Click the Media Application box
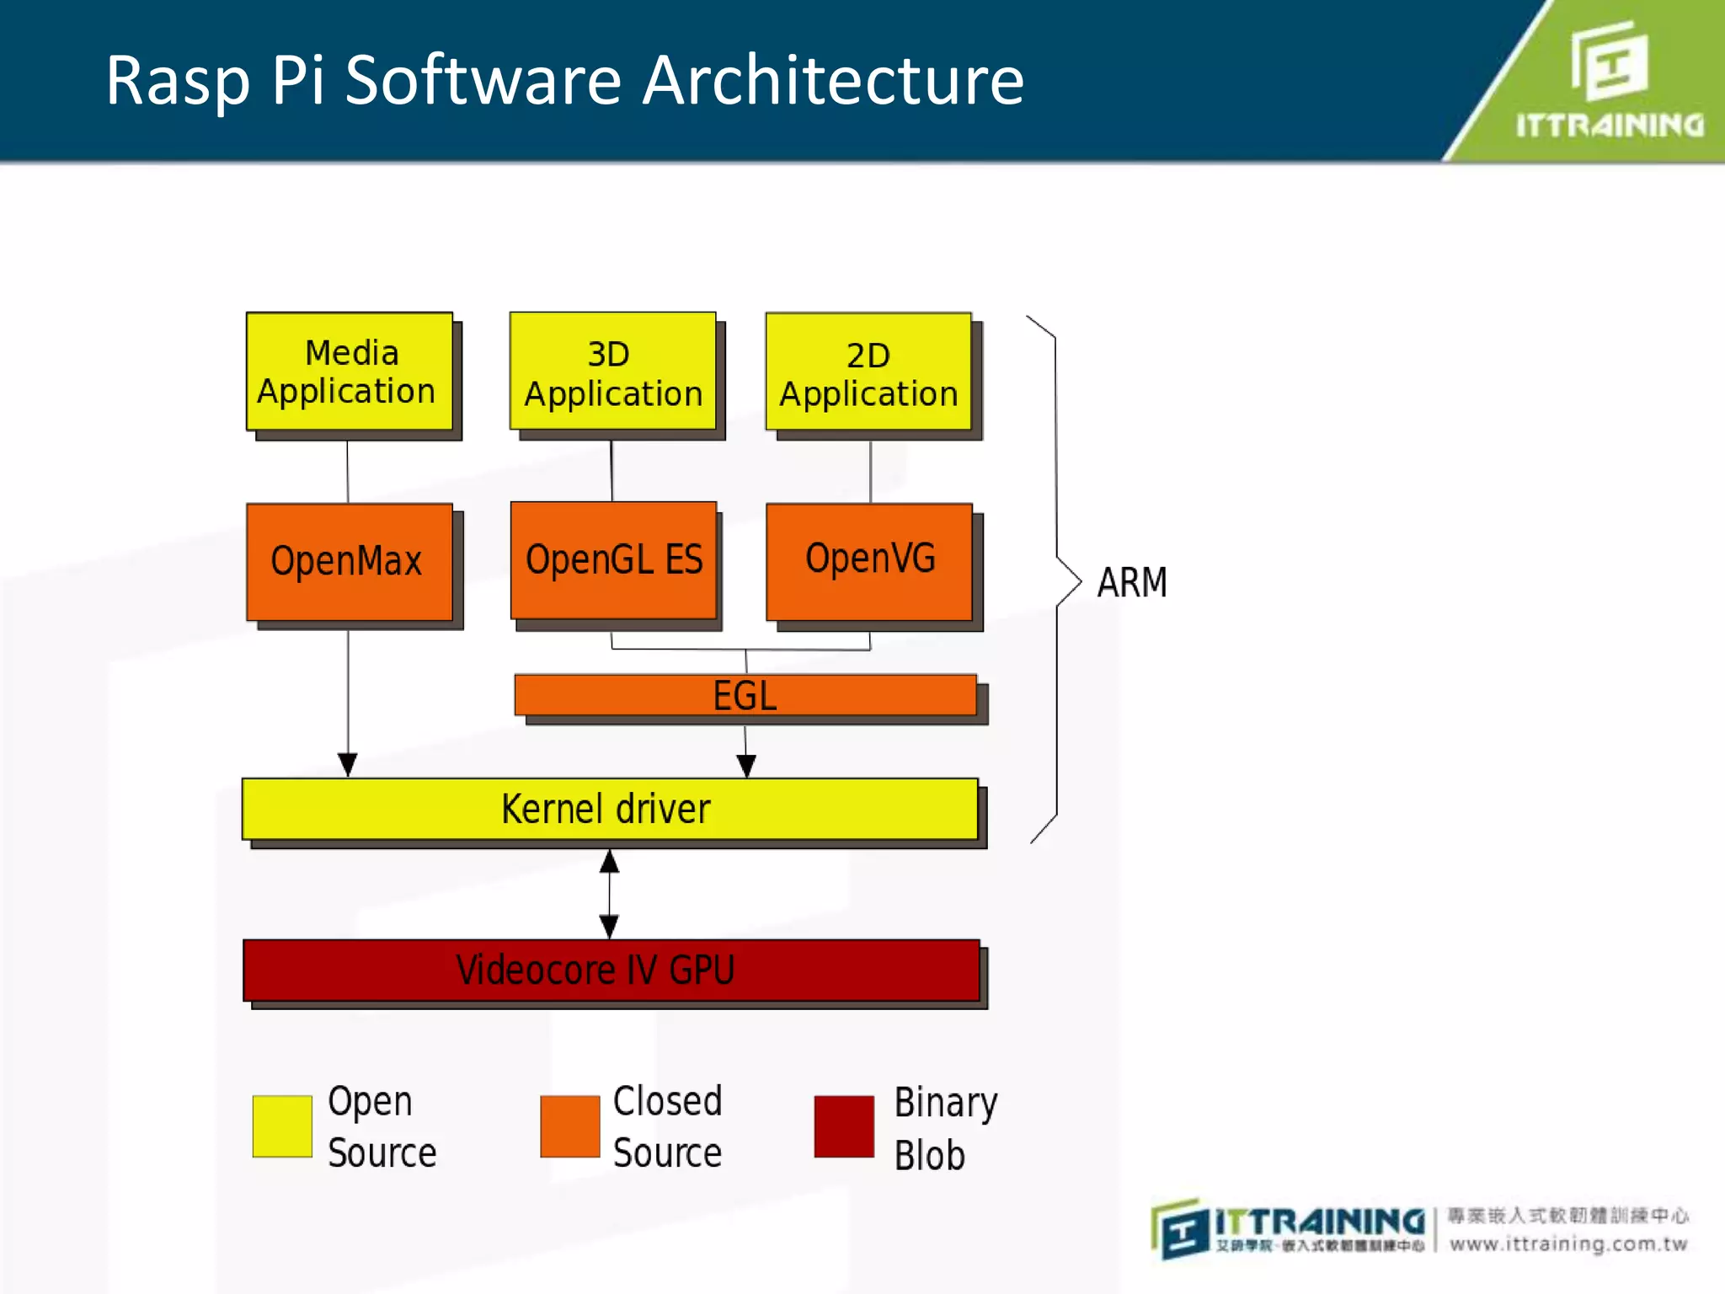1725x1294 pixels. coord(349,372)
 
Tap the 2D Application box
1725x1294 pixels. coord(868,372)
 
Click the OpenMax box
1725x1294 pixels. coord(349,562)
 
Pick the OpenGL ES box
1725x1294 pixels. coord(613,560)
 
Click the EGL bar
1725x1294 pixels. coord(745,695)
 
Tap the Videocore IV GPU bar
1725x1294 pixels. coord(611,970)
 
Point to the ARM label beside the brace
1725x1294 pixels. coord(1132,582)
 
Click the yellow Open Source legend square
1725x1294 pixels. coord(282,1126)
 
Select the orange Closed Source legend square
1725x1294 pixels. coord(569,1126)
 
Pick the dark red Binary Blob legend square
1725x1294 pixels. coord(844,1126)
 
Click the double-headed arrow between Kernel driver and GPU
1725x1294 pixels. coord(610,894)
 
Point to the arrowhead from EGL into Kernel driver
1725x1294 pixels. coord(746,765)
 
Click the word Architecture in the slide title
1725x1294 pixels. coord(833,81)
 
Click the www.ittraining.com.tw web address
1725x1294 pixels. coord(1568,1244)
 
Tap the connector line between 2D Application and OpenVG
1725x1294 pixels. coord(870,471)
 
